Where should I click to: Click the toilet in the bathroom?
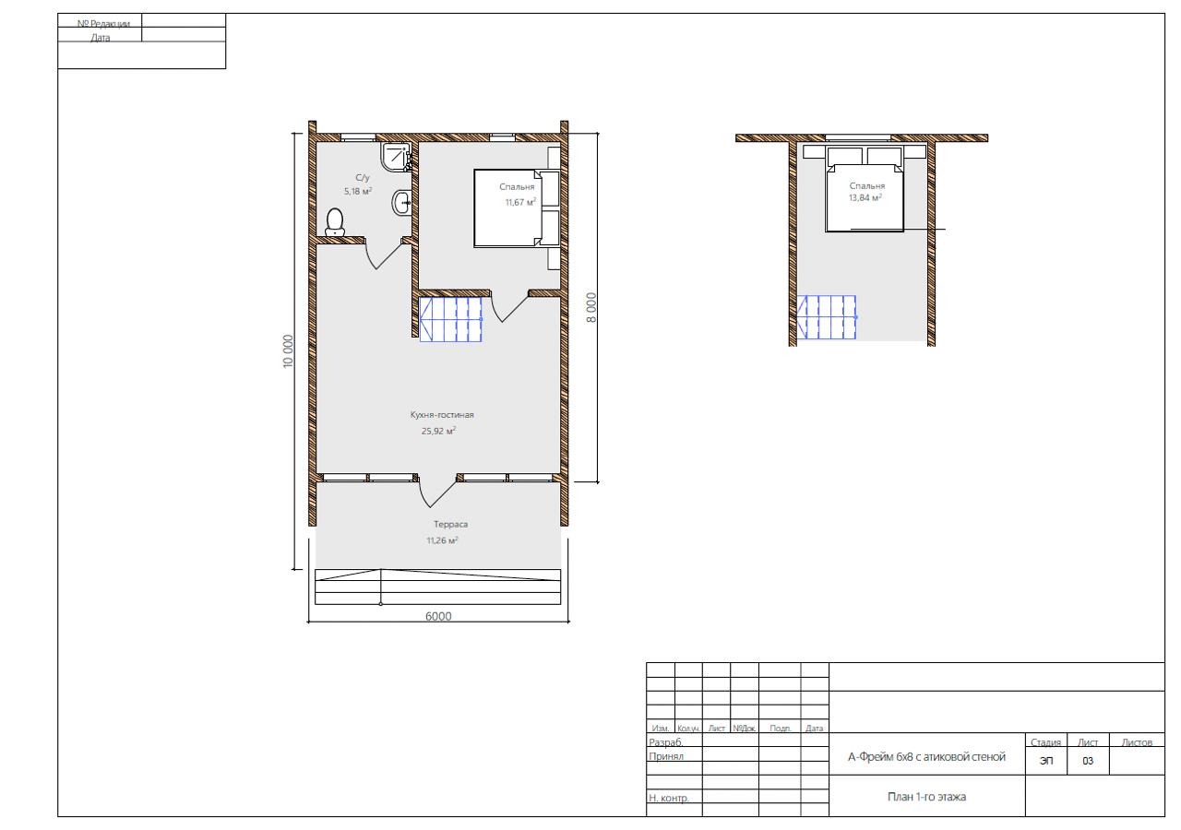pyautogui.click(x=335, y=222)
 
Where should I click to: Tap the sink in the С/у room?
pyautogui.click(x=401, y=202)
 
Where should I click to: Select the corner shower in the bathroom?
pyautogui.click(x=396, y=157)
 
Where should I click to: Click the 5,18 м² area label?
pyautogui.click(x=358, y=191)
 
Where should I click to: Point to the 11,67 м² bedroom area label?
pyautogui.click(x=521, y=202)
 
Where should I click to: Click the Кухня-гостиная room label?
pyautogui.click(x=442, y=415)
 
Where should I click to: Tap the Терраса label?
pyautogui.click(x=451, y=525)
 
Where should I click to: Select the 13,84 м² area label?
pyautogui.click(x=865, y=197)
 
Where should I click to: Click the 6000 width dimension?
pyautogui.click(x=438, y=616)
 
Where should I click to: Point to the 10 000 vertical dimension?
pyautogui.click(x=288, y=351)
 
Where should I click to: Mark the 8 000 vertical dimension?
pyautogui.click(x=591, y=308)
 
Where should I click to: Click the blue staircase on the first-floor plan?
pyautogui.click(x=451, y=319)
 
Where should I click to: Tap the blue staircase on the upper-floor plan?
pyautogui.click(x=827, y=317)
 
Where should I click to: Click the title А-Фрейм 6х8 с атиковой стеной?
pyautogui.click(x=927, y=757)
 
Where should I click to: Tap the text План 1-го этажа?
pyautogui.click(x=927, y=796)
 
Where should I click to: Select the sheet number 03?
pyautogui.click(x=1088, y=761)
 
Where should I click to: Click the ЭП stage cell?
pyautogui.click(x=1046, y=761)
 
